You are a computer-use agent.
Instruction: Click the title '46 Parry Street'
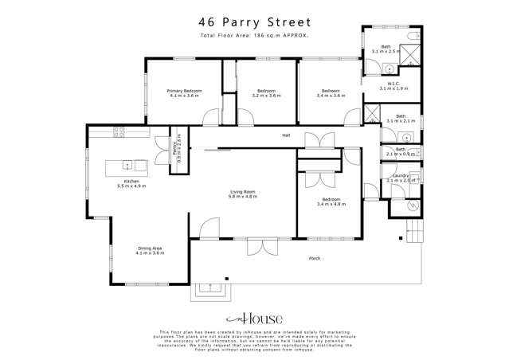coord(255,25)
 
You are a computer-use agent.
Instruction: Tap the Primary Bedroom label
coord(184,93)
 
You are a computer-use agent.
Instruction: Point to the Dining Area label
coord(150,251)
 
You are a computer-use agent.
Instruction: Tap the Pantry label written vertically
coord(176,148)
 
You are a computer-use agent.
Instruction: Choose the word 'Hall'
coord(285,135)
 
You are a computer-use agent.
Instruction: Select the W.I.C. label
coord(392,86)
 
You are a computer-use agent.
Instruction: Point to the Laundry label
coord(400,178)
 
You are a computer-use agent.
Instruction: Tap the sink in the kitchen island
coord(128,166)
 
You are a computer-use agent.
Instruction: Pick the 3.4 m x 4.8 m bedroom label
coord(331,202)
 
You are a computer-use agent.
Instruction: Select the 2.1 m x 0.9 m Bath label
coord(400,151)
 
